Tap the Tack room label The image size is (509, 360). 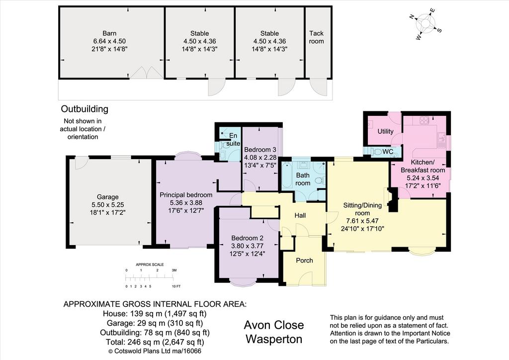(316, 37)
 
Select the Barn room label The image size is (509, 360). (109, 33)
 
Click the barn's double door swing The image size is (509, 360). (147, 73)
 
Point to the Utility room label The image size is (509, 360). (385, 131)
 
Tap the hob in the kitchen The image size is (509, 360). (424, 120)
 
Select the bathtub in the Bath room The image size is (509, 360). (288, 176)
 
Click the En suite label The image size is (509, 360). (233, 139)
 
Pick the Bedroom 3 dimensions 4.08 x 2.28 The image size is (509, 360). (260, 158)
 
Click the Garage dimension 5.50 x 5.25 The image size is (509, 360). (108, 205)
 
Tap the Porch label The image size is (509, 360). (305, 261)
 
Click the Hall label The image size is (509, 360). (300, 215)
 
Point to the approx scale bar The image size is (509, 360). (149, 278)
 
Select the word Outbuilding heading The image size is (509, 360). (85, 109)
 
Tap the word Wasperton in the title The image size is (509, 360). (274, 339)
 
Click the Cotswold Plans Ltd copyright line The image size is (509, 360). (155, 351)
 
